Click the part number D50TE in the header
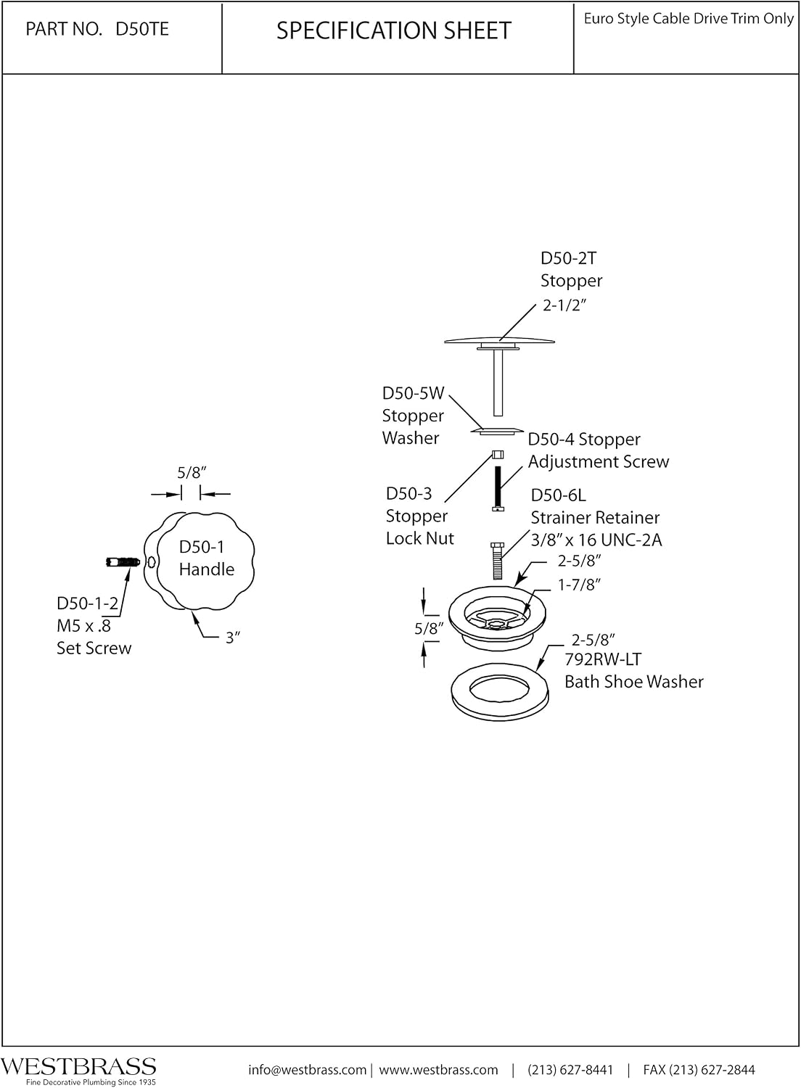pos(141,29)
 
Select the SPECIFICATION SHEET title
pos(394,30)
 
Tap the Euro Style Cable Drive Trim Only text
pos(689,18)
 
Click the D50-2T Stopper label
pos(571,269)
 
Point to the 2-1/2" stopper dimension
pos(564,305)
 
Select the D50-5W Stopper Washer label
pos(414,416)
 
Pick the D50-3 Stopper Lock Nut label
pos(419,516)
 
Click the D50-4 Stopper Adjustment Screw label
pos(599,450)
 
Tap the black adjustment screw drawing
pos(498,488)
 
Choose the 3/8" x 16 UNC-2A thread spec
pos(596,540)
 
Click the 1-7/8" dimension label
pos(579,585)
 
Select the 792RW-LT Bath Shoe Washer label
pos(633,670)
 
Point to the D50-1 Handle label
pos(207,558)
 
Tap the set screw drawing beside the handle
pos(123,562)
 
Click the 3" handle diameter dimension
pos(233,638)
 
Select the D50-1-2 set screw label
pos(94,625)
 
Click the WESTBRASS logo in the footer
pos(78,1066)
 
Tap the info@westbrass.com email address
pos(308,1070)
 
